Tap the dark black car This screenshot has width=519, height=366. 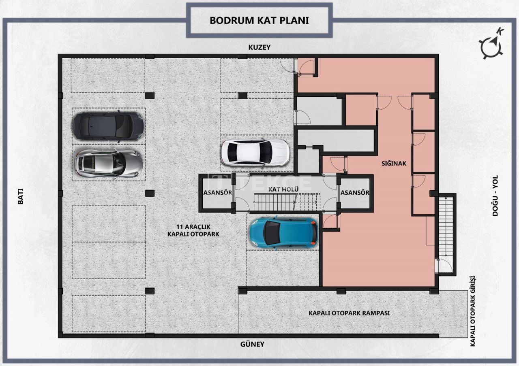tap(108, 126)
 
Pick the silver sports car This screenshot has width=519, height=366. tap(108, 163)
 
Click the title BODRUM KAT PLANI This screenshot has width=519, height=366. tap(259, 20)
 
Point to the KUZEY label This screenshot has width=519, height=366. tap(259, 47)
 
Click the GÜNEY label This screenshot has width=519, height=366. tap(252, 344)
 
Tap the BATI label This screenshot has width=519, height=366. tap(21, 196)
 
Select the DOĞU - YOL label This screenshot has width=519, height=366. tap(495, 196)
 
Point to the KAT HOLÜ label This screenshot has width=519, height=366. tap(283, 189)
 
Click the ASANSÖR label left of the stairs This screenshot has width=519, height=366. tap(218, 193)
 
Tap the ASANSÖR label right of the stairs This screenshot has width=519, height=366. tap(355, 192)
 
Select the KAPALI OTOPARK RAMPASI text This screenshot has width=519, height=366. tap(349, 313)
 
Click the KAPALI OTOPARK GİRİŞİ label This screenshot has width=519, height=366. tap(472, 311)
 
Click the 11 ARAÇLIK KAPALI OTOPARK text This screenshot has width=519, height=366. tap(193, 230)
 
